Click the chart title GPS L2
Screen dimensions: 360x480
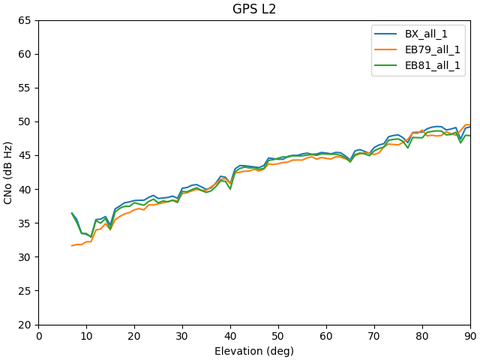(x=254, y=9)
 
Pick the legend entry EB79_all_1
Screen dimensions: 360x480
(x=433, y=49)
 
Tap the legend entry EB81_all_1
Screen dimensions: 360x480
(x=433, y=65)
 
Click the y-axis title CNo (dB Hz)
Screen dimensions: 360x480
(x=8, y=172)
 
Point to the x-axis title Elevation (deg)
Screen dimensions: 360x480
(x=254, y=351)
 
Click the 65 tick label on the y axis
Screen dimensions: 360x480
(x=25, y=20)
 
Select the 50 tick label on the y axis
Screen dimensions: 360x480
(x=25, y=121)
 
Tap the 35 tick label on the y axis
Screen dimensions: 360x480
(x=25, y=223)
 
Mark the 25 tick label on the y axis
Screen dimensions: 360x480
(x=25, y=291)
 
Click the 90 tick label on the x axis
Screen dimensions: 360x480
(x=470, y=336)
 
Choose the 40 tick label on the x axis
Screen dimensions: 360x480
(x=230, y=336)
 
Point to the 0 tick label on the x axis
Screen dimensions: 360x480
(x=39, y=336)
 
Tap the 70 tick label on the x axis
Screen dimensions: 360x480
(x=374, y=336)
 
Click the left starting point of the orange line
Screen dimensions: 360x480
(x=72, y=245)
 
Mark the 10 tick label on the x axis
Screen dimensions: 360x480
(x=87, y=336)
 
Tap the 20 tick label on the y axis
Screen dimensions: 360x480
(x=25, y=325)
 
